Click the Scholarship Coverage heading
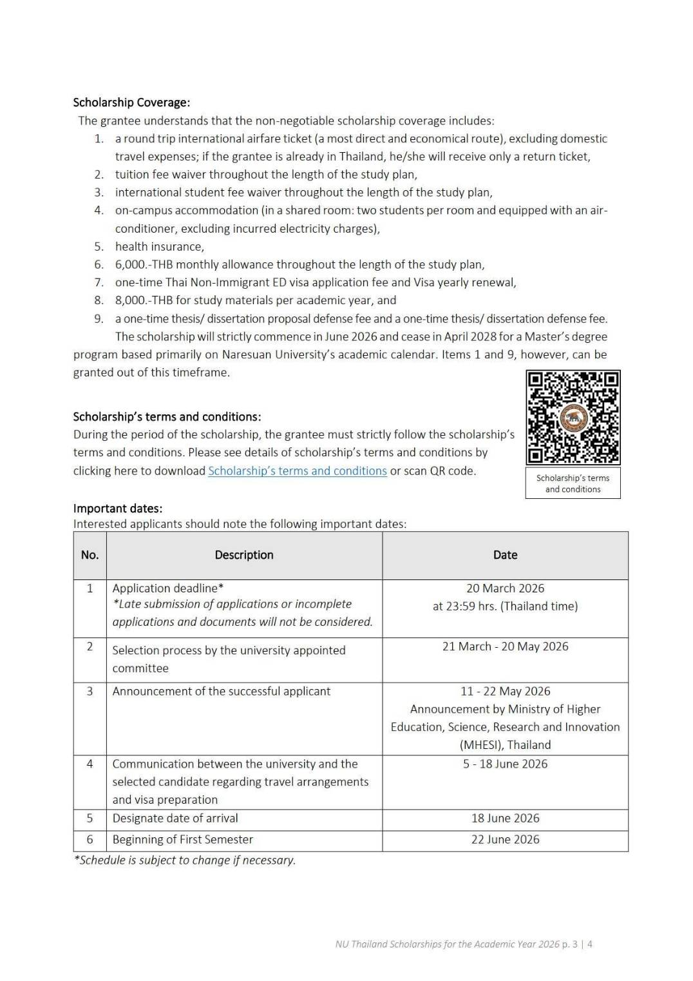click(x=131, y=102)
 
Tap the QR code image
click(x=573, y=418)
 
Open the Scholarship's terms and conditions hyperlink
click(x=297, y=471)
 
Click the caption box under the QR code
click(x=573, y=483)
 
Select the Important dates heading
click(x=118, y=508)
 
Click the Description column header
click(x=244, y=555)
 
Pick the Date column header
click(x=505, y=555)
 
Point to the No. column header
click(x=90, y=555)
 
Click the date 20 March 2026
click(x=505, y=588)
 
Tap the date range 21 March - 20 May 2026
click(x=505, y=646)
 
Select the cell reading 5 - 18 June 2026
click(x=505, y=764)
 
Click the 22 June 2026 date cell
click(x=505, y=840)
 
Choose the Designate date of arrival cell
click(x=175, y=819)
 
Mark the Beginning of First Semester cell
click(x=183, y=840)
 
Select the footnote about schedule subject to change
click(x=185, y=860)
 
